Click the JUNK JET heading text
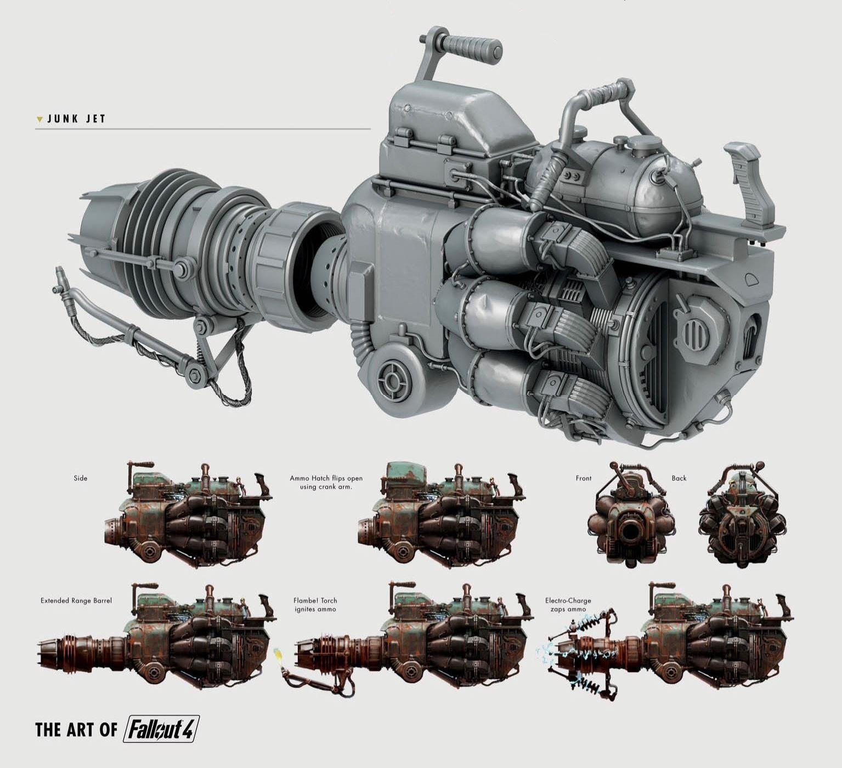(76, 118)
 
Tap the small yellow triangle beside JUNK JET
(39, 119)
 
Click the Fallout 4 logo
(161, 729)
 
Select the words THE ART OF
(76, 730)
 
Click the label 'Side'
(81, 478)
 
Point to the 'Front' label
(584, 478)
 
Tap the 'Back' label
(679, 478)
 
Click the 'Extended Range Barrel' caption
(76, 601)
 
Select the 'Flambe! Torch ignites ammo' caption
(315, 605)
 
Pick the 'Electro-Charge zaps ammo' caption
(568, 605)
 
